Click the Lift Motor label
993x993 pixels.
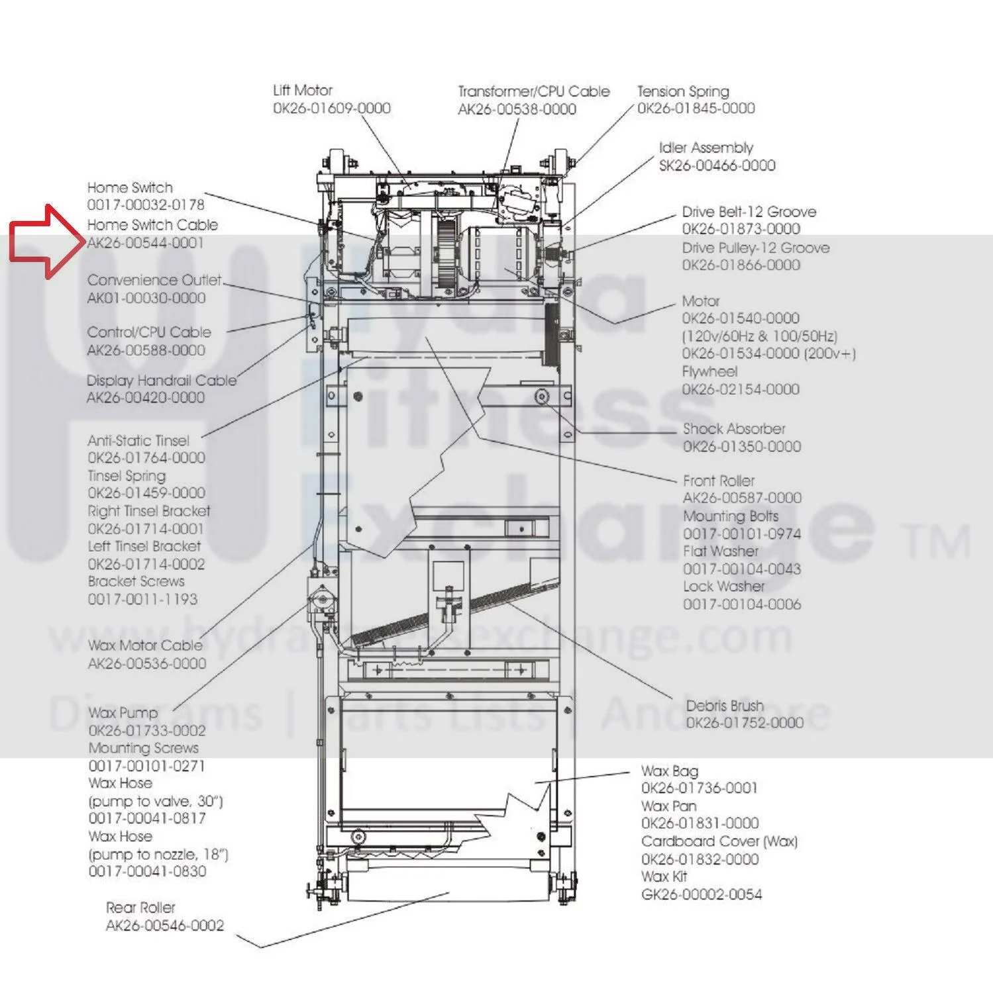point(303,90)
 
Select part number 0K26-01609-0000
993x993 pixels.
point(332,108)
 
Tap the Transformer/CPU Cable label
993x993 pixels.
point(534,91)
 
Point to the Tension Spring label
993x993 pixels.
point(683,91)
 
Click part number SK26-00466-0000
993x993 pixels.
point(717,165)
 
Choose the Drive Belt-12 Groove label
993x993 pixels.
point(749,212)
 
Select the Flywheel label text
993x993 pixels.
point(709,371)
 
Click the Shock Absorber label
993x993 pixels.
point(734,428)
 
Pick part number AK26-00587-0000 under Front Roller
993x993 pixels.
point(742,497)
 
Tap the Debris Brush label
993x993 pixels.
point(725,706)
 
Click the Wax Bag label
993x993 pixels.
point(670,771)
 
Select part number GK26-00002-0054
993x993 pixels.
point(702,894)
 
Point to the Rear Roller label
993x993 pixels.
point(140,908)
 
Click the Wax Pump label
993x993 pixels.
point(123,713)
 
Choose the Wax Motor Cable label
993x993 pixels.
point(145,645)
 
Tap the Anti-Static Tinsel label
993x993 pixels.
point(138,440)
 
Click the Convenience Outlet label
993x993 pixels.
point(154,280)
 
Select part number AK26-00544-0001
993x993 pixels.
point(146,243)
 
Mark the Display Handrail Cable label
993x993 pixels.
point(162,381)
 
